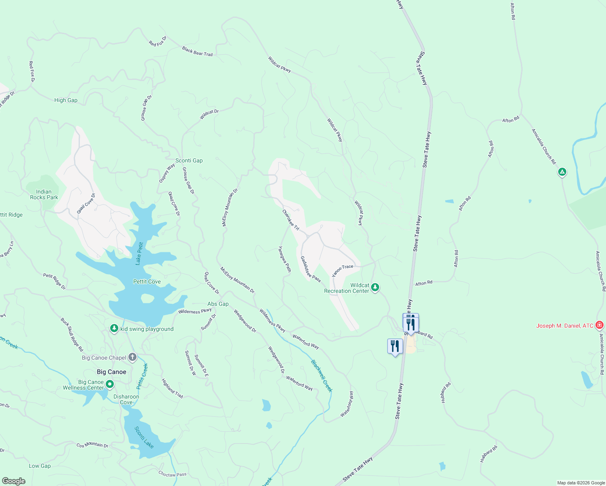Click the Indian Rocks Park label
tap(44, 194)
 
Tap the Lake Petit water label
tap(139, 253)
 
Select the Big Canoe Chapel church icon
tap(132, 357)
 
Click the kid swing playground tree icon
tap(114, 328)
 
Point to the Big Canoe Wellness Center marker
tap(109, 384)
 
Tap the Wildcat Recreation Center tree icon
tap(375, 288)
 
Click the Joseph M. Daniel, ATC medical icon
tap(600, 325)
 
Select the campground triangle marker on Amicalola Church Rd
tap(562, 172)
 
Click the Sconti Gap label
tap(189, 160)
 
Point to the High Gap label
tap(66, 100)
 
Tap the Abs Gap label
tap(218, 304)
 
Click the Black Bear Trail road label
tap(197, 51)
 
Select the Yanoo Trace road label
tap(343, 270)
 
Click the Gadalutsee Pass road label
tap(310, 269)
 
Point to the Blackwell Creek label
tap(322, 376)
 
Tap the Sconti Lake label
tap(144, 437)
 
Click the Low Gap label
tap(40, 466)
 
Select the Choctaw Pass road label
tap(173, 474)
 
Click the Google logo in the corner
tap(14, 481)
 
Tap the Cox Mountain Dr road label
tap(92, 445)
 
